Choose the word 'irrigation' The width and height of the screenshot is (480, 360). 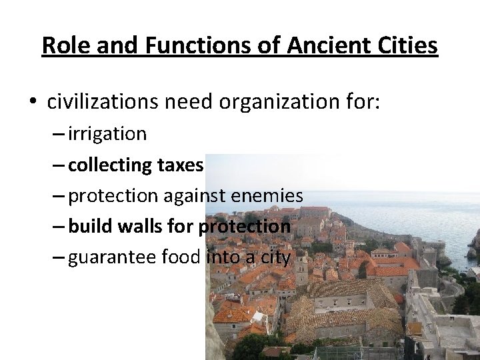(x=107, y=134)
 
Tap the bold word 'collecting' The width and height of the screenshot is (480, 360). (x=111, y=165)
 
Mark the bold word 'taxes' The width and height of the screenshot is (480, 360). (x=181, y=165)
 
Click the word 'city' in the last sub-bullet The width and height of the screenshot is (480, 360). (x=275, y=257)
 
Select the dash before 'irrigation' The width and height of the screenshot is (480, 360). (x=58, y=134)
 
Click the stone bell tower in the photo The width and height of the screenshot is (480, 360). (x=301, y=267)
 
